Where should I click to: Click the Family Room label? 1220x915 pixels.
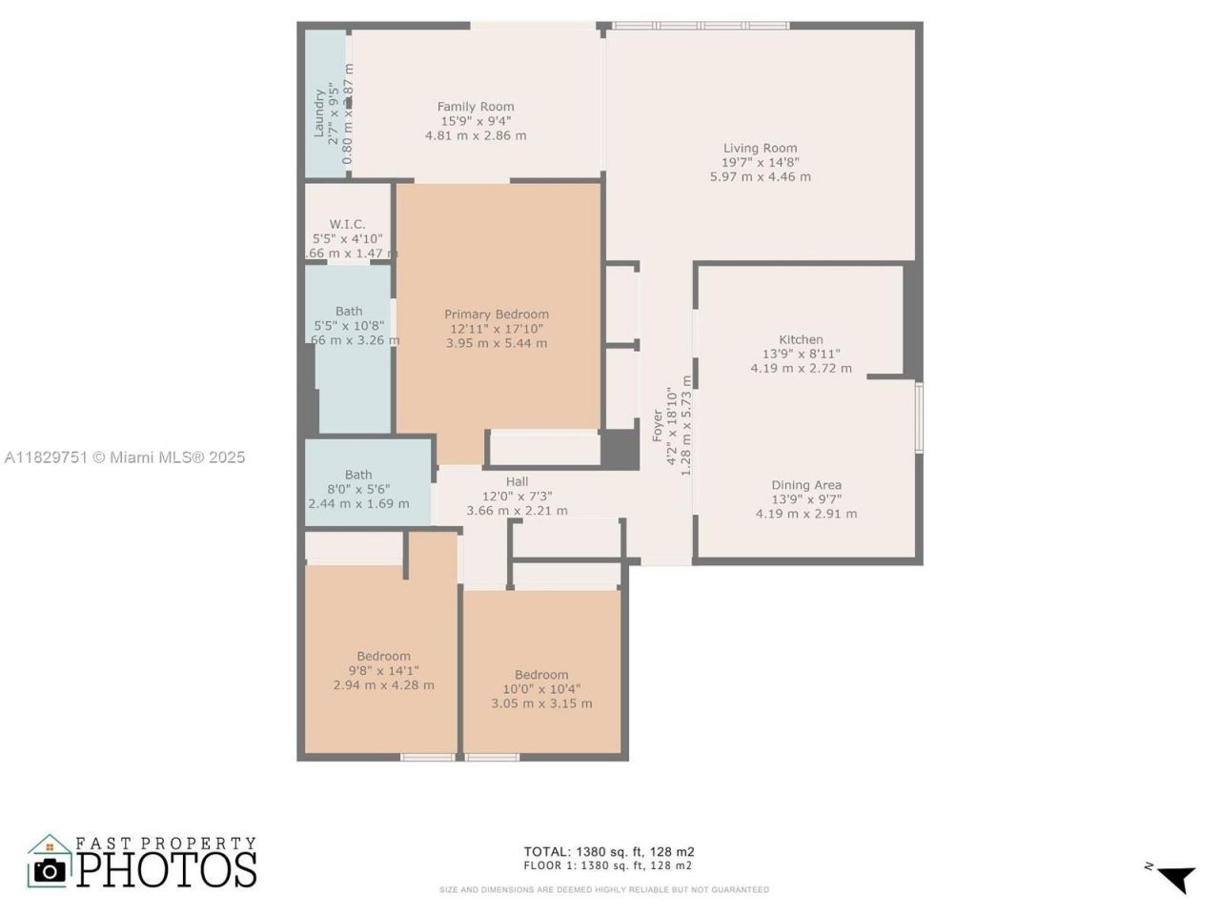point(476,107)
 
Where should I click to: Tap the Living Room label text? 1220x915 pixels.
point(760,148)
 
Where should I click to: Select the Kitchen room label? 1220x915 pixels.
point(801,339)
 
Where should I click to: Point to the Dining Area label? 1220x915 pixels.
point(806,485)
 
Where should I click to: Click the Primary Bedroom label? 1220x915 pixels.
point(497,315)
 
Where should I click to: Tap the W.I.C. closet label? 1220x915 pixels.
point(348,224)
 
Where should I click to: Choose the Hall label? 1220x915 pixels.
point(517,482)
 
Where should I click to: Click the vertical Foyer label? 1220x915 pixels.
point(658,425)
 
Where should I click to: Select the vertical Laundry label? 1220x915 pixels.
point(319,112)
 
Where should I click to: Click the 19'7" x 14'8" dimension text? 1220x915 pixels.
point(760,162)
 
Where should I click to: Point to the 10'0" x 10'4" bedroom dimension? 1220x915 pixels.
point(541,689)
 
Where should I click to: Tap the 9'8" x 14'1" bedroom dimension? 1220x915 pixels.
point(383,670)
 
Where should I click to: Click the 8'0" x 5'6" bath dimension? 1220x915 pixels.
point(358,489)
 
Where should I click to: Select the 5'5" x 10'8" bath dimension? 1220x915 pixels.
point(349,326)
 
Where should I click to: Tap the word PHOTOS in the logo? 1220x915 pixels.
point(167,868)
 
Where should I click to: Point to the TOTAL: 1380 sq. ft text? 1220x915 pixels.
point(608,851)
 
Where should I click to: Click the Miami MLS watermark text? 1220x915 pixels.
point(125,457)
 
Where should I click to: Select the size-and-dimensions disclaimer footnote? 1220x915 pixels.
point(603,890)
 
